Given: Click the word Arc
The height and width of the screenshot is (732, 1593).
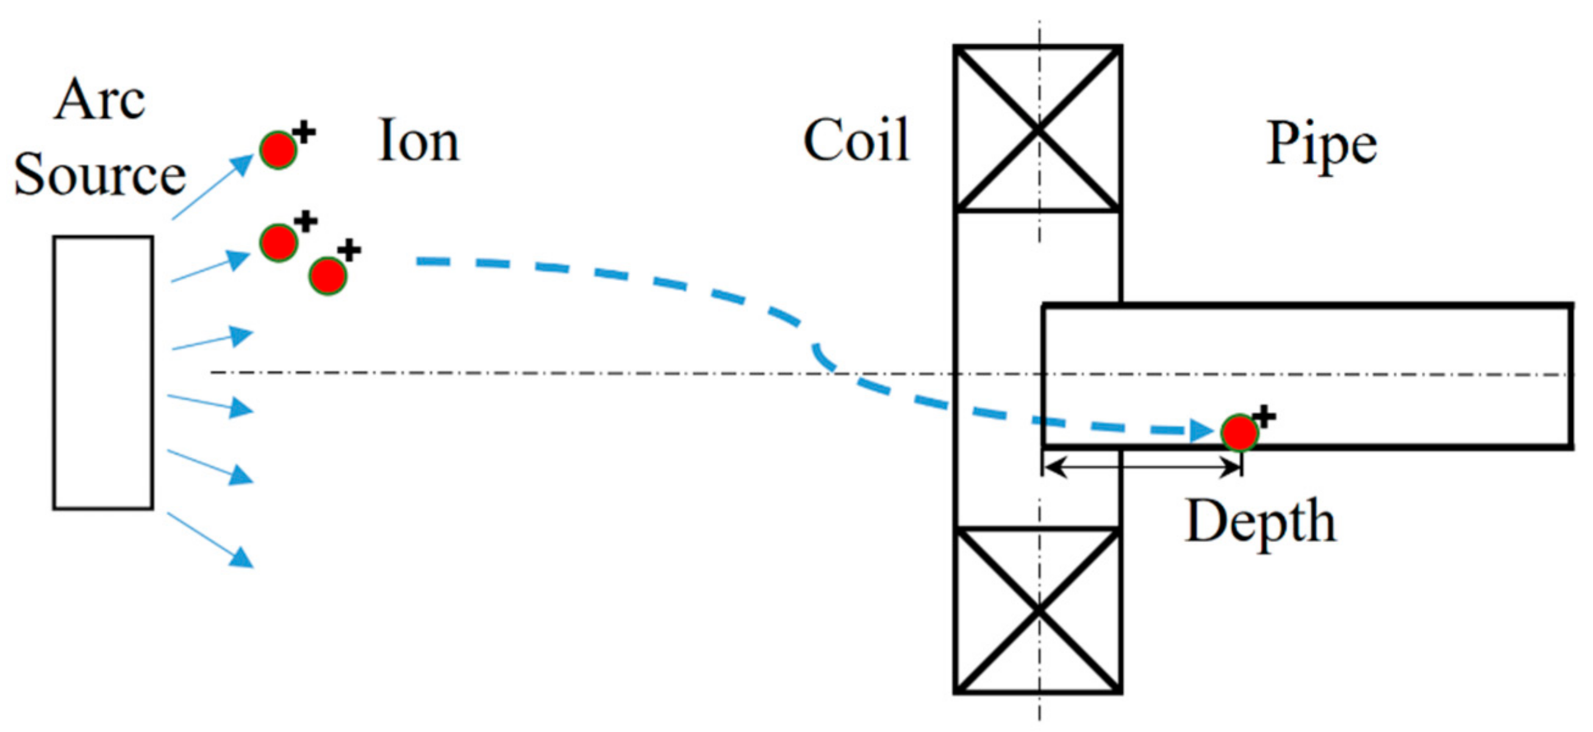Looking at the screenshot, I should tap(99, 100).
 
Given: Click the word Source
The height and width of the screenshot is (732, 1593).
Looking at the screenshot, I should tap(99, 176).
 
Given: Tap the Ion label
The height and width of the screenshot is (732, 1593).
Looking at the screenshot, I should tap(418, 141).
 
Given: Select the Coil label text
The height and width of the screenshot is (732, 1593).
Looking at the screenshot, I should tap(856, 140).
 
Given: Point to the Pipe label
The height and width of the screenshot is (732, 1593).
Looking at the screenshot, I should tap(1322, 145).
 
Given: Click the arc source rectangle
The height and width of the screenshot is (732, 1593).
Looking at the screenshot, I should tap(102, 373).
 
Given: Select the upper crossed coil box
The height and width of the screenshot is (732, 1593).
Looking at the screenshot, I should tap(1037, 129).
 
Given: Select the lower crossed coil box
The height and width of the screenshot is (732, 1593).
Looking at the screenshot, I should tap(1037, 611).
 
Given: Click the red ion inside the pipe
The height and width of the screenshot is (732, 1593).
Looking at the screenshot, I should tap(1239, 432).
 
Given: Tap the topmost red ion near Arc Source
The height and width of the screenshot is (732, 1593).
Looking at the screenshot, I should tap(277, 149).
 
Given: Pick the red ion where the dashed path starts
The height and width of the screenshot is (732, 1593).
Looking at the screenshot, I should tap(328, 276).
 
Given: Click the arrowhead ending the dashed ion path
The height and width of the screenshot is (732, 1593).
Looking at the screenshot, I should tap(1201, 430).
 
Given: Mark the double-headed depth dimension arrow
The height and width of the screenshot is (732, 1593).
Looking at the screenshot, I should tap(1142, 466).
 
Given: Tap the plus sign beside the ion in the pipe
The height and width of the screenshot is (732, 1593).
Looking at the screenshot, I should tap(1264, 417).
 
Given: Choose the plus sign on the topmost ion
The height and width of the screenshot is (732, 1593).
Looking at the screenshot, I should tap(304, 132).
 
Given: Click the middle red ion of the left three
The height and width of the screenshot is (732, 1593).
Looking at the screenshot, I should tap(278, 242).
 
